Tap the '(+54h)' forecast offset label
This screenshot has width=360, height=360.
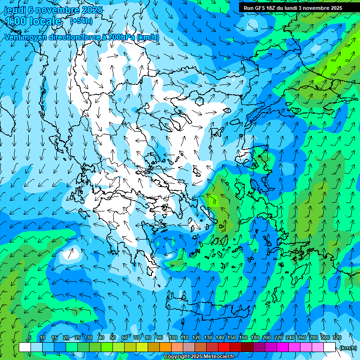pyautogui.click(x=81, y=21)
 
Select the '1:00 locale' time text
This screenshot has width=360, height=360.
pyautogui.click(x=33, y=21)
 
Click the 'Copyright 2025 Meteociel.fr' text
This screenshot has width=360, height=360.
pyautogui.click(x=199, y=356)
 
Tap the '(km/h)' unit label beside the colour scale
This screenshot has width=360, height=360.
pyautogui.click(x=347, y=348)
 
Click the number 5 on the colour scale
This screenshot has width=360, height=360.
pyautogui.click(x=30, y=337)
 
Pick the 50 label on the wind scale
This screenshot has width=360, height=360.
pyautogui.click(x=113, y=337)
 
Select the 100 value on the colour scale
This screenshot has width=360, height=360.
pyautogui.click(x=173, y=337)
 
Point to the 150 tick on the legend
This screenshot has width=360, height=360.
pyautogui.click(x=232, y=337)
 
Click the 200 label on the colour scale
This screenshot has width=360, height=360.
pyautogui.click(x=267, y=337)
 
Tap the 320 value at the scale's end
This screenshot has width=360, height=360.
pyautogui.click(x=337, y=337)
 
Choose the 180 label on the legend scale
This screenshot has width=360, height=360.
pyautogui.click(x=255, y=337)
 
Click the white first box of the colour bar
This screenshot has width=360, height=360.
pyautogui.click(x=25, y=347)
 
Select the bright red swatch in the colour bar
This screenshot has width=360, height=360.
pyautogui.click(x=224, y=347)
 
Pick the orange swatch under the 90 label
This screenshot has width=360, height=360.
pyautogui.click(x=165, y=347)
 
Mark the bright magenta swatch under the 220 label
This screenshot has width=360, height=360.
pyautogui.click(x=283, y=347)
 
